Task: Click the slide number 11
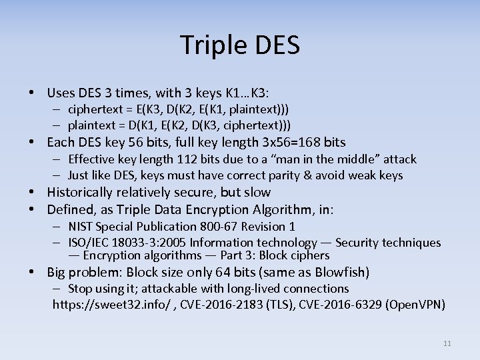point(447,343)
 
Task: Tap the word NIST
point(81,227)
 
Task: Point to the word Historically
point(81,193)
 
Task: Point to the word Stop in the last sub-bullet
point(81,289)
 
